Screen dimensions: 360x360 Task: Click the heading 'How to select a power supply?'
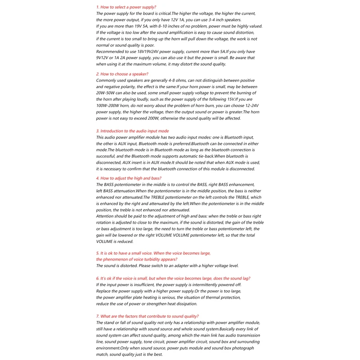pos(126,7)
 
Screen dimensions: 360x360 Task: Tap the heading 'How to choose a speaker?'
pos(122,74)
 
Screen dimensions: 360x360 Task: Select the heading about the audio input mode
pos(133,131)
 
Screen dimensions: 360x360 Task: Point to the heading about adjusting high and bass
pos(129,178)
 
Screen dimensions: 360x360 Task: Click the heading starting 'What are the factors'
pos(147,316)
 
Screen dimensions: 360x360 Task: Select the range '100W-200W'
pos(110,105)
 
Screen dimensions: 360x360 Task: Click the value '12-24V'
pos(250,105)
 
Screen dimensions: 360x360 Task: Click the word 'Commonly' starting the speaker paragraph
pos(107,80)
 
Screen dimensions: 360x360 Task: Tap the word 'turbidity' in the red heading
pos(152,259)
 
